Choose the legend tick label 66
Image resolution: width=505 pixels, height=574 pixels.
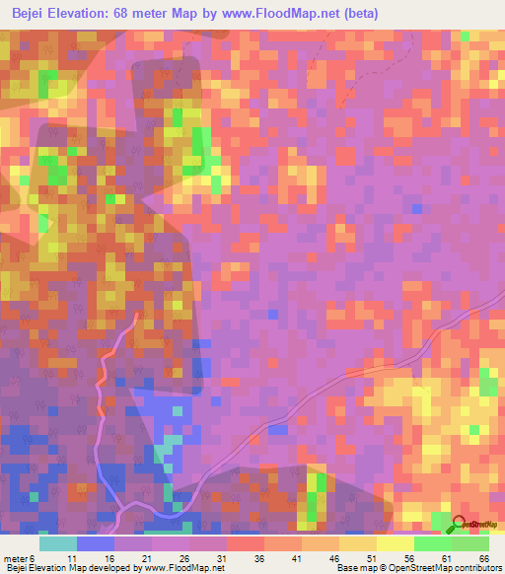483,558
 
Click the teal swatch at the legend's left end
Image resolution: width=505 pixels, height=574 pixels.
58,543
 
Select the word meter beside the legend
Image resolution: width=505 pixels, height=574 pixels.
15,558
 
